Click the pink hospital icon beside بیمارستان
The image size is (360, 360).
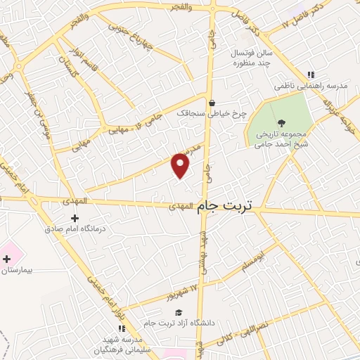click(6, 259)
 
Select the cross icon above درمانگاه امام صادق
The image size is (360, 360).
click(75, 219)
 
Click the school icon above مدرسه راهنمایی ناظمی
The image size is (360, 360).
click(310, 75)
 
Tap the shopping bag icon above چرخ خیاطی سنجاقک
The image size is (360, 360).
click(211, 103)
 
